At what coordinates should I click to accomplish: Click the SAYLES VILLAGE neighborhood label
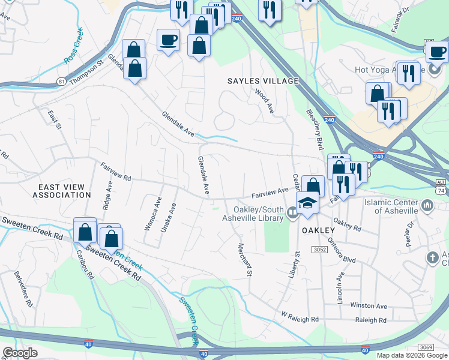263,81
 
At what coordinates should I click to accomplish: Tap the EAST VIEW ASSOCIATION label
62,191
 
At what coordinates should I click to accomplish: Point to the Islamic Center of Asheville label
390,207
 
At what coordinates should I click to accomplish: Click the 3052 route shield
319,249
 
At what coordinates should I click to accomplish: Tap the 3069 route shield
426,347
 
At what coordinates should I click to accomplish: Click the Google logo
20,353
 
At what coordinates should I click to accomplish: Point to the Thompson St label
87,71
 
